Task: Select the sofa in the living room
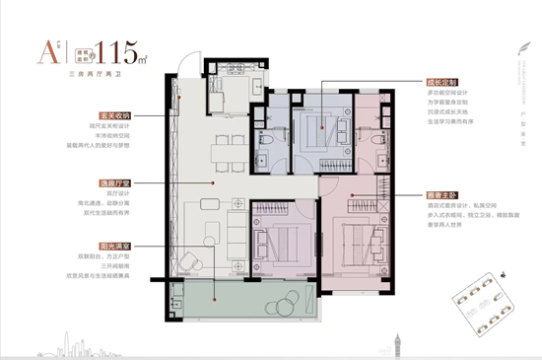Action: tap(237, 232)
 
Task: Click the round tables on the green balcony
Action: tap(178, 293)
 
